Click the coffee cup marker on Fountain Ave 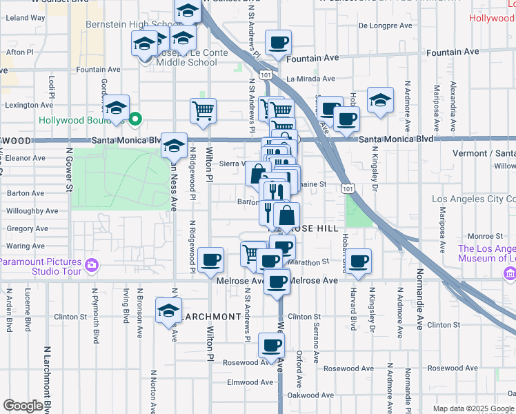[278, 43]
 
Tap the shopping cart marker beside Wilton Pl [203, 111]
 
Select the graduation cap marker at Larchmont [168, 311]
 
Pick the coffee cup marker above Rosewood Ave [271, 346]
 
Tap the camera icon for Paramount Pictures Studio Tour [91, 264]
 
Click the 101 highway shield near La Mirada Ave [265, 73]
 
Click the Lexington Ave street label [29, 106]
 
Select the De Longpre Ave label [386, 26]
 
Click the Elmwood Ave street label [251, 382]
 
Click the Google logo [23, 406]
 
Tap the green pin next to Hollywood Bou [135, 119]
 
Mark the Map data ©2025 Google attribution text [473, 408]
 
